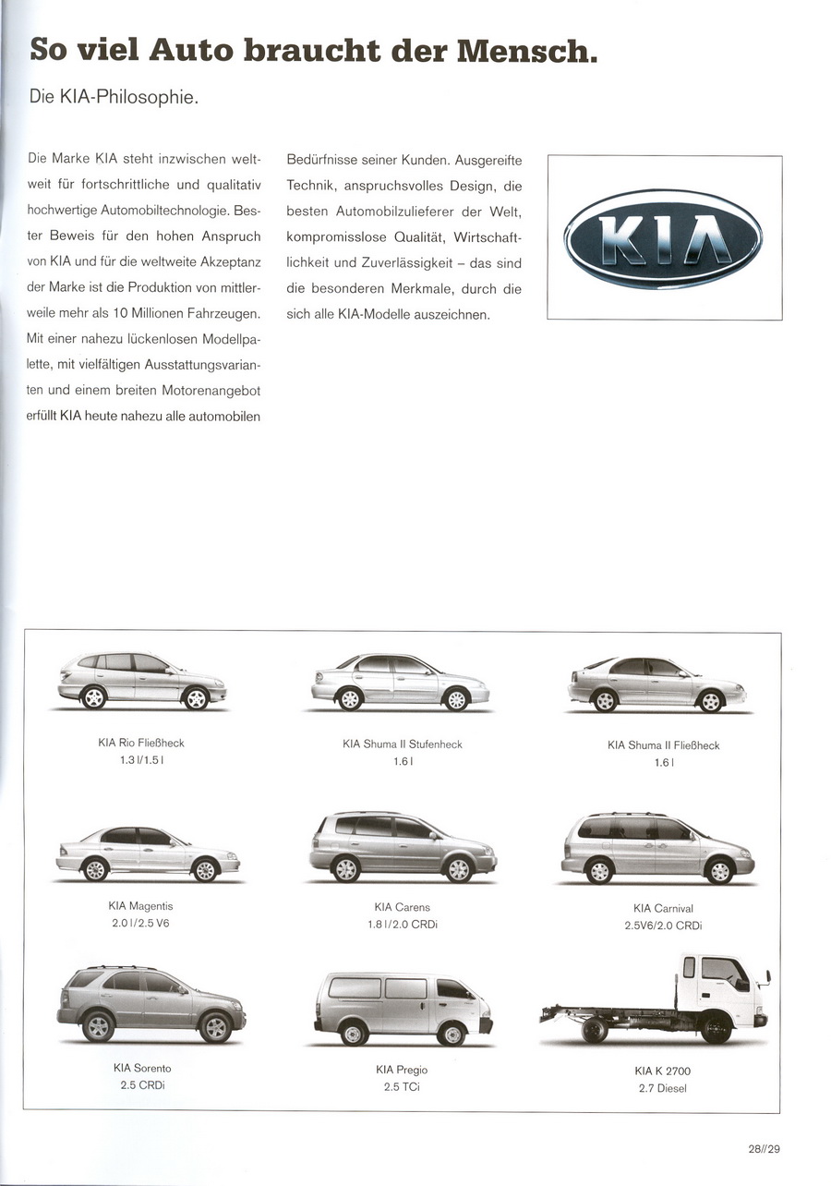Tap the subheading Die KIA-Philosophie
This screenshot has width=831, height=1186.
(x=114, y=98)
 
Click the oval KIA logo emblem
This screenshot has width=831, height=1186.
(x=664, y=239)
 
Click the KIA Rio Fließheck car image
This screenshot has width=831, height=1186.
(x=142, y=681)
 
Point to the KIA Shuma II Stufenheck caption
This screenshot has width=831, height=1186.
(x=403, y=744)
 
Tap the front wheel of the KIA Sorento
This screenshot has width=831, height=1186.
(x=216, y=1028)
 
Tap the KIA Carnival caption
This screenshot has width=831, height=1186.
(x=663, y=909)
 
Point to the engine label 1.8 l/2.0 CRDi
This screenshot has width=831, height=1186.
(x=403, y=925)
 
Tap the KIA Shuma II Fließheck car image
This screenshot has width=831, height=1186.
(x=656, y=684)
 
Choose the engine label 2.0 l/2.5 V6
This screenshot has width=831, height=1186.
(x=140, y=924)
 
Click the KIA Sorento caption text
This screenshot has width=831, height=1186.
(x=142, y=1069)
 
